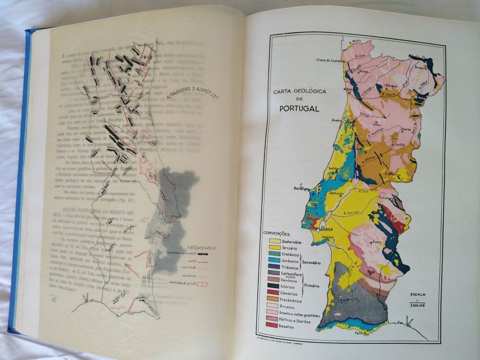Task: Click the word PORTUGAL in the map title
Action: pyautogui.click(x=299, y=108)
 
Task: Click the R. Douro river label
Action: pyautogui.click(x=388, y=95)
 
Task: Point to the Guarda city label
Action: pyautogui.click(x=406, y=130)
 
